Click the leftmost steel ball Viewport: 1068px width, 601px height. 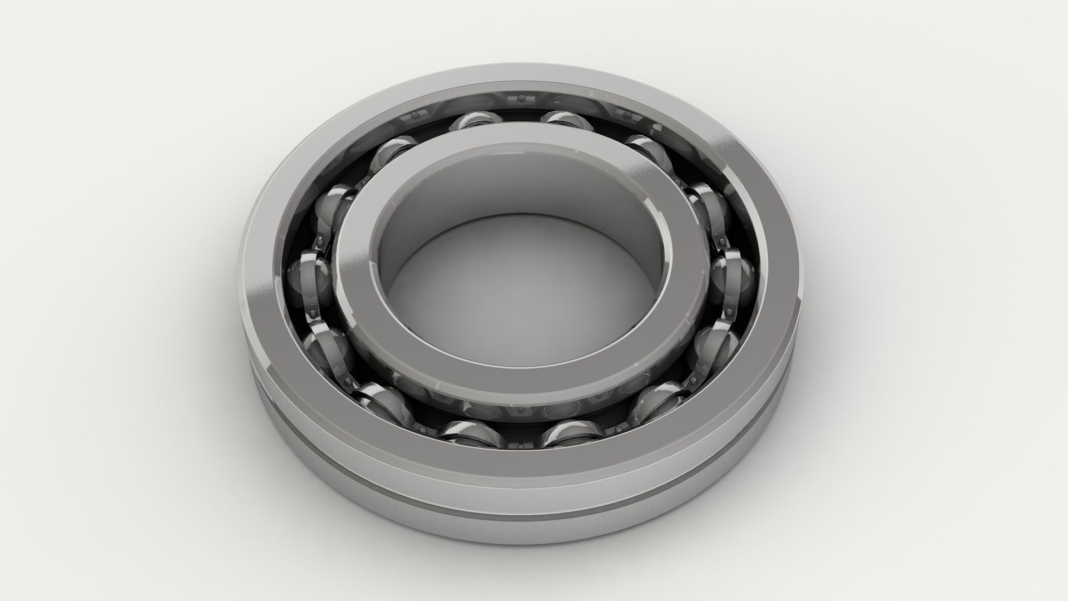(x=309, y=273)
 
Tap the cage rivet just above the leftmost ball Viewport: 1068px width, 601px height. (x=321, y=243)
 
